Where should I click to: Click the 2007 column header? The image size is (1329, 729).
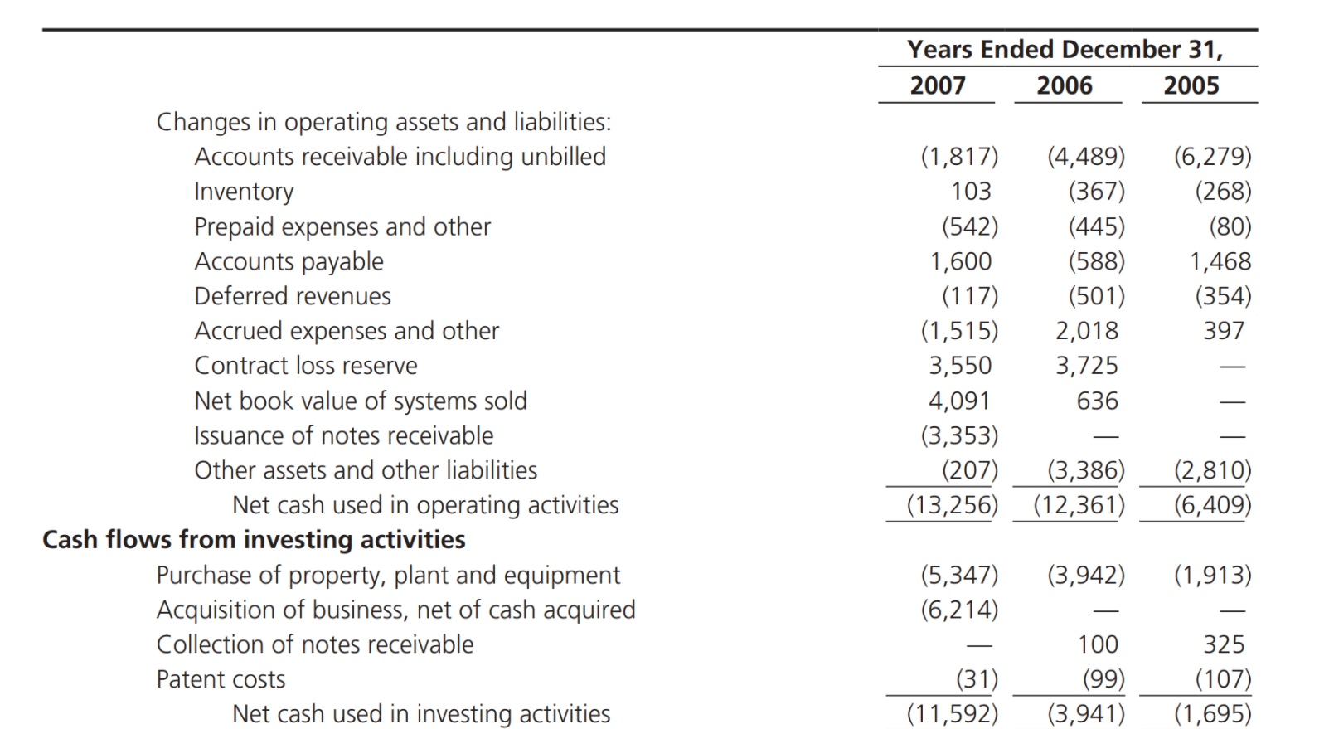[938, 85]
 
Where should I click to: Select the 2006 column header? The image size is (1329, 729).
[1065, 85]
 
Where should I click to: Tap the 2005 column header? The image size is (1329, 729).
[1191, 85]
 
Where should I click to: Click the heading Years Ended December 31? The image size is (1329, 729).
[1065, 50]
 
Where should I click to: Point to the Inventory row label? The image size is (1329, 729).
[244, 192]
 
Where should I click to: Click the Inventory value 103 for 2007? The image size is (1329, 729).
[971, 192]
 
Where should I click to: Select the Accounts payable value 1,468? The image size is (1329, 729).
[1220, 261]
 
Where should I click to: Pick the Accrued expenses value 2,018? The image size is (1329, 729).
[1087, 331]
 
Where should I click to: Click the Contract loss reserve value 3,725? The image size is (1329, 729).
[1087, 366]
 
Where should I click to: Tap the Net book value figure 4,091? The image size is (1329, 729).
[959, 401]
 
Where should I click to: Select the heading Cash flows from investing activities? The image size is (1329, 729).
[254, 540]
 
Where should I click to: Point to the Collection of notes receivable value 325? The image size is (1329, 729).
[1224, 644]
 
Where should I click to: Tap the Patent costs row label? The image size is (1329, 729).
[221, 679]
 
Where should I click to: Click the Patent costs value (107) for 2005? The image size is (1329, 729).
[1223, 679]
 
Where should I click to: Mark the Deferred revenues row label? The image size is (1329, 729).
[292, 296]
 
